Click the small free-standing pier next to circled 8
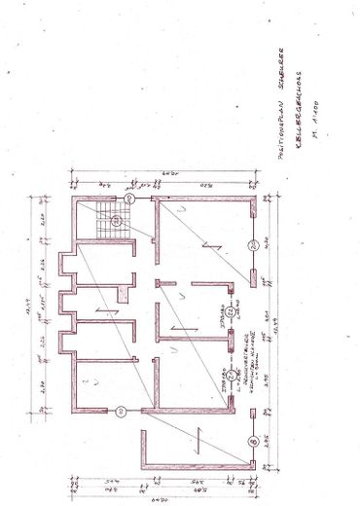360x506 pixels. (x=252, y=413)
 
